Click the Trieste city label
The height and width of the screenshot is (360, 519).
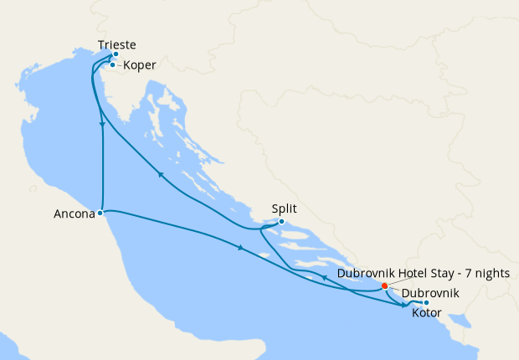click(x=116, y=44)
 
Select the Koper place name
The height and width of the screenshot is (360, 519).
click(x=139, y=64)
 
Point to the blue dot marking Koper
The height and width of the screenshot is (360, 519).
click(x=112, y=64)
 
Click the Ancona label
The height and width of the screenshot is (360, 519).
click(x=73, y=213)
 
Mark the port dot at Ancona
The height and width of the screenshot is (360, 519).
click(x=100, y=213)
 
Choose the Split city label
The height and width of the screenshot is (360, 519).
click(x=285, y=209)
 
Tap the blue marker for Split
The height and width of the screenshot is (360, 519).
click(x=281, y=221)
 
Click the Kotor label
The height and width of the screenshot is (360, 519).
click(x=429, y=314)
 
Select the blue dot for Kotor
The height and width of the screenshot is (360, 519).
click(x=426, y=302)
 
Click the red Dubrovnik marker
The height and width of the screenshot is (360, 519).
click(x=384, y=285)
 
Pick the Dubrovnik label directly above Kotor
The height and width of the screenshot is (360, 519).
click(x=429, y=294)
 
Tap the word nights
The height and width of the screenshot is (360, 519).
click(x=491, y=273)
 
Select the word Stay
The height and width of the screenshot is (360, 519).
click(x=444, y=273)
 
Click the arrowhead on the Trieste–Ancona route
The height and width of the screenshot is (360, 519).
click(x=102, y=123)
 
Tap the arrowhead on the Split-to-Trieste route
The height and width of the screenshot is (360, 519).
click(x=159, y=175)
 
